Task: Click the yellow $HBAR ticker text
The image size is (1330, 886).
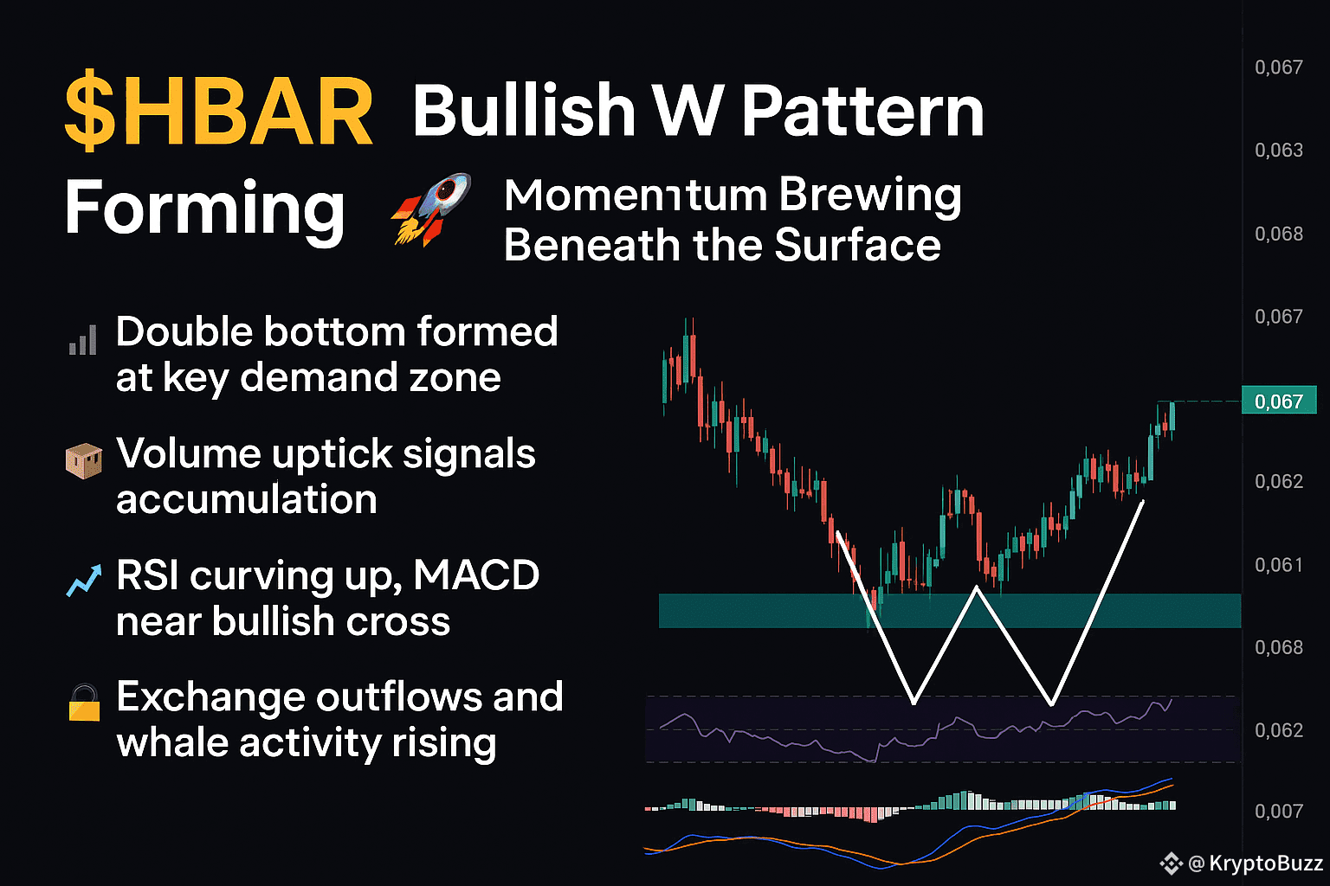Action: pos(218,111)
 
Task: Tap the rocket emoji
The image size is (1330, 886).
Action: pos(430,209)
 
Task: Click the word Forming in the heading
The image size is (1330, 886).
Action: pos(204,210)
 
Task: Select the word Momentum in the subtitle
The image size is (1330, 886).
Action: pos(636,196)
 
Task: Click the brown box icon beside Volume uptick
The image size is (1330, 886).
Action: pos(83,461)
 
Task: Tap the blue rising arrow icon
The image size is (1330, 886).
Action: pos(84,580)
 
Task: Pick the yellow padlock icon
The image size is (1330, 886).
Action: pos(84,703)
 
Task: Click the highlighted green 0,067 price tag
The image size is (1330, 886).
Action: pos(1279,401)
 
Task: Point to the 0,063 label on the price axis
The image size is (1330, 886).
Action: pos(1279,151)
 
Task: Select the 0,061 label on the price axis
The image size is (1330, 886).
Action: pos(1279,564)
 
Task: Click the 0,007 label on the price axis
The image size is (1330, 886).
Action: pos(1279,811)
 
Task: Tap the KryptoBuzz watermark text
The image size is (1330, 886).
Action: pos(1256,863)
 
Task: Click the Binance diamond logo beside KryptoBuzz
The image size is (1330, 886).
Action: pos(1172,864)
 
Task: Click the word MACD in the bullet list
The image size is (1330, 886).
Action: pos(476,575)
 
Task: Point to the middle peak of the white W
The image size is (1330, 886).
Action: pos(977,587)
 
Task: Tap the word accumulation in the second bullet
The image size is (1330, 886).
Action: pos(247,498)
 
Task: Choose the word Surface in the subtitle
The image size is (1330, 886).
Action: pos(858,245)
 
